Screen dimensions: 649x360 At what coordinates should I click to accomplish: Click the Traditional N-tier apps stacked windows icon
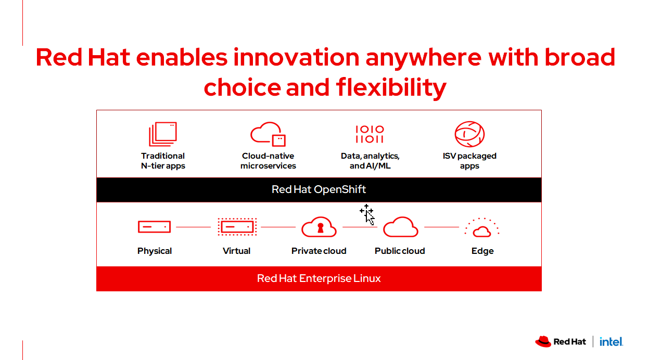pyautogui.click(x=163, y=134)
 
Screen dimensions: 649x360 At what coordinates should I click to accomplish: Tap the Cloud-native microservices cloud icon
pyautogui.click(x=268, y=134)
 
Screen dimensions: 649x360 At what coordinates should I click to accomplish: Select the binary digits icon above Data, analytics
pyautogui.click(x=370, y=134)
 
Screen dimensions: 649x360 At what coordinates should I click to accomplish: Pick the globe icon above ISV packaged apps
pyautogui.click(x=469, y=134)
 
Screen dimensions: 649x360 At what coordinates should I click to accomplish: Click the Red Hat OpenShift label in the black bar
pyautogui.click(x=319, y=189)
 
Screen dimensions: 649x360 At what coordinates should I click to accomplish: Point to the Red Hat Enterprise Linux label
pyautogui.click(x=319, y=278)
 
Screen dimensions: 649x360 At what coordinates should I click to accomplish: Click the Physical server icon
pyautogui.click(x=154, y=227)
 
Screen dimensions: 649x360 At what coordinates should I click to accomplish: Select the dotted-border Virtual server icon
pyautogui.click(x=237, y=227)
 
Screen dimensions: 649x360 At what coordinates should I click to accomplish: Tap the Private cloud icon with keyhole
pyautogui.click(x=319, y=227)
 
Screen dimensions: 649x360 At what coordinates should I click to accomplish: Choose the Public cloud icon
pyautogui.click(x=401, y=227)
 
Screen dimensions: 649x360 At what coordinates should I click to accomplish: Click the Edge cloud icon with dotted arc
pyautogui.click(x=482, y=228)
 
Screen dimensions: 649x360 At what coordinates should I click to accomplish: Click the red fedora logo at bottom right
pyautogui.click(x=543, y=341)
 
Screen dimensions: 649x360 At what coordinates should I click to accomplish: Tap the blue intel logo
pyautogui.click(x=611, y=342)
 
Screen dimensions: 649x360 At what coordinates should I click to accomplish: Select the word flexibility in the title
pyautogui.click(x=391, y=87)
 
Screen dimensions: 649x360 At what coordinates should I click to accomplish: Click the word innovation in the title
pyautogui.click(x=297, y=57)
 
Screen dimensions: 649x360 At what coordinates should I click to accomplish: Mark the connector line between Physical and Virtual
pyautogui.click(x=193, y=227)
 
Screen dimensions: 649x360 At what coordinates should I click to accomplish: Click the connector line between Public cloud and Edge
pyautogui.click(x=441, y=227)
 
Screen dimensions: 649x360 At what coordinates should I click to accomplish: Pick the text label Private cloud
pyautogui.click(x=319, y=251)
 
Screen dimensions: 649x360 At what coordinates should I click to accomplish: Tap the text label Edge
pyautogui.click(x=482, y=251)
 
